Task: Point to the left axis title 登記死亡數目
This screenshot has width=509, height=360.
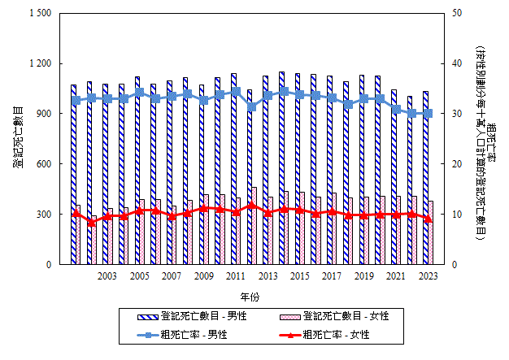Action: click(18, 138)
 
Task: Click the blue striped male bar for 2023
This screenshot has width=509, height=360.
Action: click(425, 179)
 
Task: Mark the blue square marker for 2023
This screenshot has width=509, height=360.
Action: click(428, 114)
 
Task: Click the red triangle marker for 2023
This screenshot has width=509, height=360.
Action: click(428, 219)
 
